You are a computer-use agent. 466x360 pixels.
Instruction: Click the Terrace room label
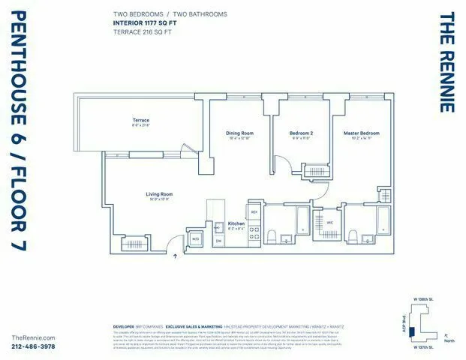(x=141, y=120)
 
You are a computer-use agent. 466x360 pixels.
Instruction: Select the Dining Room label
(x=240, y=133)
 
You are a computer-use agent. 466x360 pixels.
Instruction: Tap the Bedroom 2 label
(x=301, y=133)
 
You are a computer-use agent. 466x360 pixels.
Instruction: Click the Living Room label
(x=159, y=194)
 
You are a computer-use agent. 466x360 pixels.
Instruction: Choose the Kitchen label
(x=236, y=223)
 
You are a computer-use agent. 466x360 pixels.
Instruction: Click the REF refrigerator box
(x=254, y=213)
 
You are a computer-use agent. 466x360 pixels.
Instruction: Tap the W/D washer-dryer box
(x=196, y=238)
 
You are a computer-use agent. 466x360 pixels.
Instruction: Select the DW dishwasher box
(x=218, y=241)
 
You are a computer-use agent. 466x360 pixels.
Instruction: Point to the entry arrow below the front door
(x=176, y=256)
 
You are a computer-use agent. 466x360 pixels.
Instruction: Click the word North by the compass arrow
(x=449, y=342)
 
